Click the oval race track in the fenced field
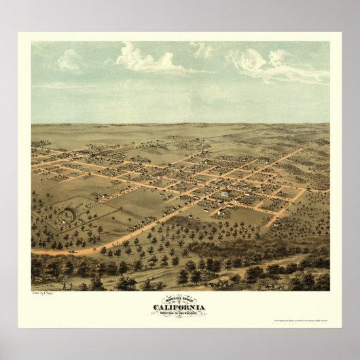pos(67,215)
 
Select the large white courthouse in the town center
pos(223,194)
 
